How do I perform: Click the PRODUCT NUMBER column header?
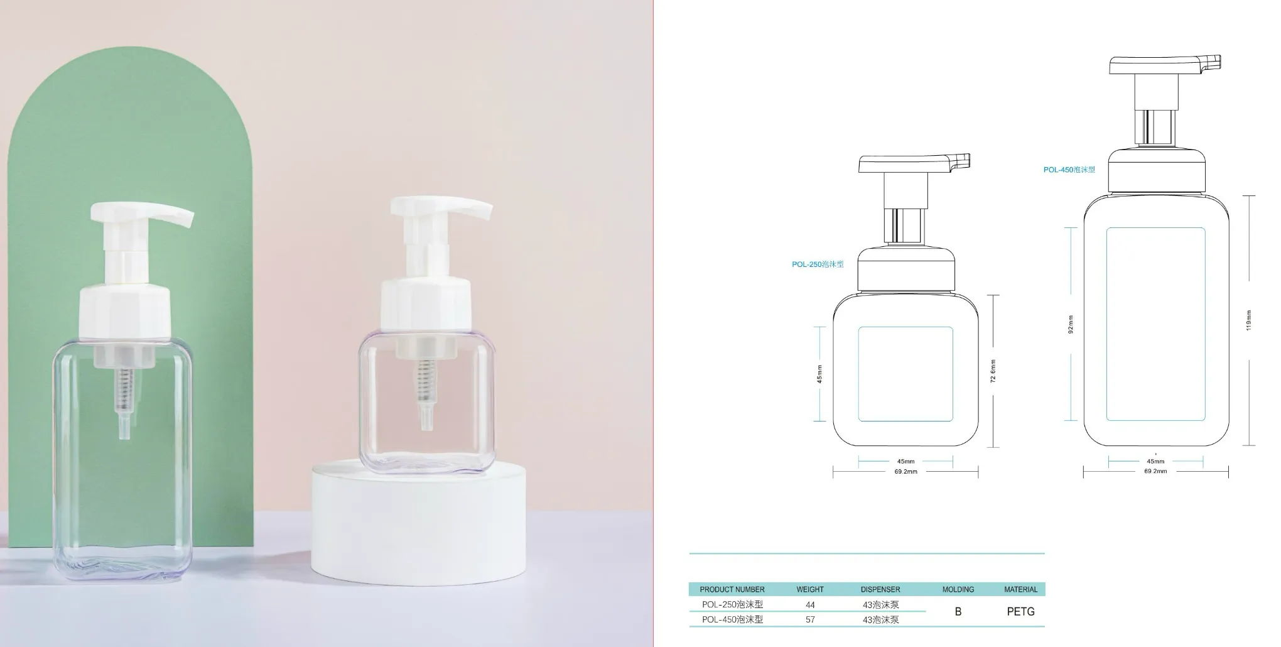732,589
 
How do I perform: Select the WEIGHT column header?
810,589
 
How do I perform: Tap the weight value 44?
810,605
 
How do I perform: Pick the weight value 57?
810,619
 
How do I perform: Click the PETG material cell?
1020,611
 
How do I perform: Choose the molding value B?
958,611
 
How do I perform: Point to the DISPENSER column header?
880,589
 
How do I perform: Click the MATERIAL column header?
1020,589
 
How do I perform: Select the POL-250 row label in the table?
732,605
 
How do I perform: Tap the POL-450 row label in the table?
732,619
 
